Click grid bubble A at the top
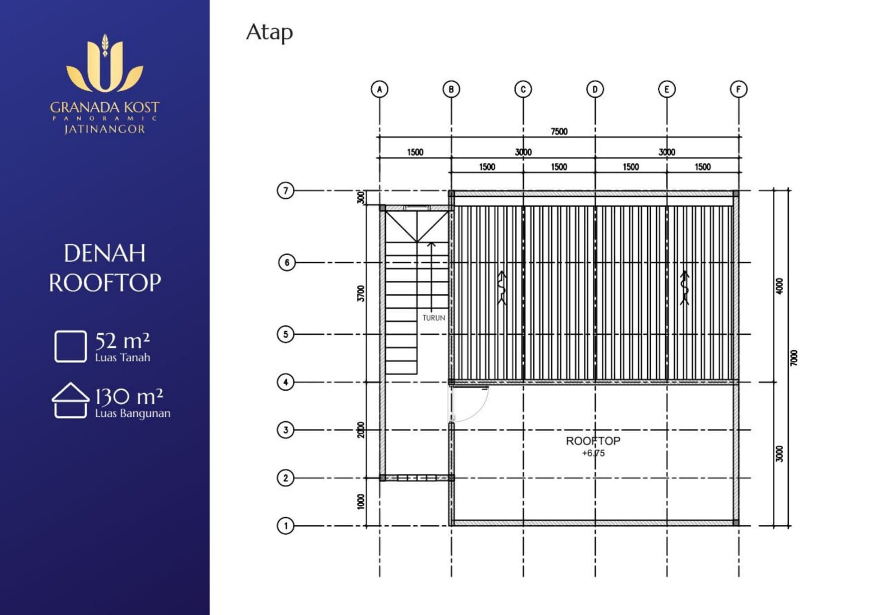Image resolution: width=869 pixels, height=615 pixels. tap(380, 89)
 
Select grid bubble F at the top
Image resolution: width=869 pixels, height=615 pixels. tap(738, 89)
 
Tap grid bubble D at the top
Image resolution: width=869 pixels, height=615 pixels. tap(595, 90)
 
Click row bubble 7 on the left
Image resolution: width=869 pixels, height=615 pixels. tap(286, 191)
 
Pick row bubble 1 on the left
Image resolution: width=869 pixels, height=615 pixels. tap(286, 526)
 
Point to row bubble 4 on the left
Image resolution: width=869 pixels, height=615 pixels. tap(286, 382)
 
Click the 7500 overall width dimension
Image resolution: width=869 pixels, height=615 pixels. tap(559, 131)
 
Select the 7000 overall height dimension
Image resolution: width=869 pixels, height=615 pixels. tap(794, 358)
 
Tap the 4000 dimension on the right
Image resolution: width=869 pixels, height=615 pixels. tap(779, 286)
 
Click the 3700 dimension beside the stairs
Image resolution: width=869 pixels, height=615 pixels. tap(361, 293)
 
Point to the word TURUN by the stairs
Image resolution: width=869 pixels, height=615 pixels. tap(434, 318)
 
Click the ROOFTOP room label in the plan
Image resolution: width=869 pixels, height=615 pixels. tap(593, 441)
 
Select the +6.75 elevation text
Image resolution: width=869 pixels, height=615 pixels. tap(593, 453)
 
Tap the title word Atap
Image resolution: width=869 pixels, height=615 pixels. tap(269, 33)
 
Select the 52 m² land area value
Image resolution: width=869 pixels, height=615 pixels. tap(123, 341)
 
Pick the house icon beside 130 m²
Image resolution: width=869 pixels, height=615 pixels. tap(70, 400)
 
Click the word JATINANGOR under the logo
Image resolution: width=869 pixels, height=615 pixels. tap(105, 129)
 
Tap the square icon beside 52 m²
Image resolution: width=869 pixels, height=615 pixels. tap(71, 346)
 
